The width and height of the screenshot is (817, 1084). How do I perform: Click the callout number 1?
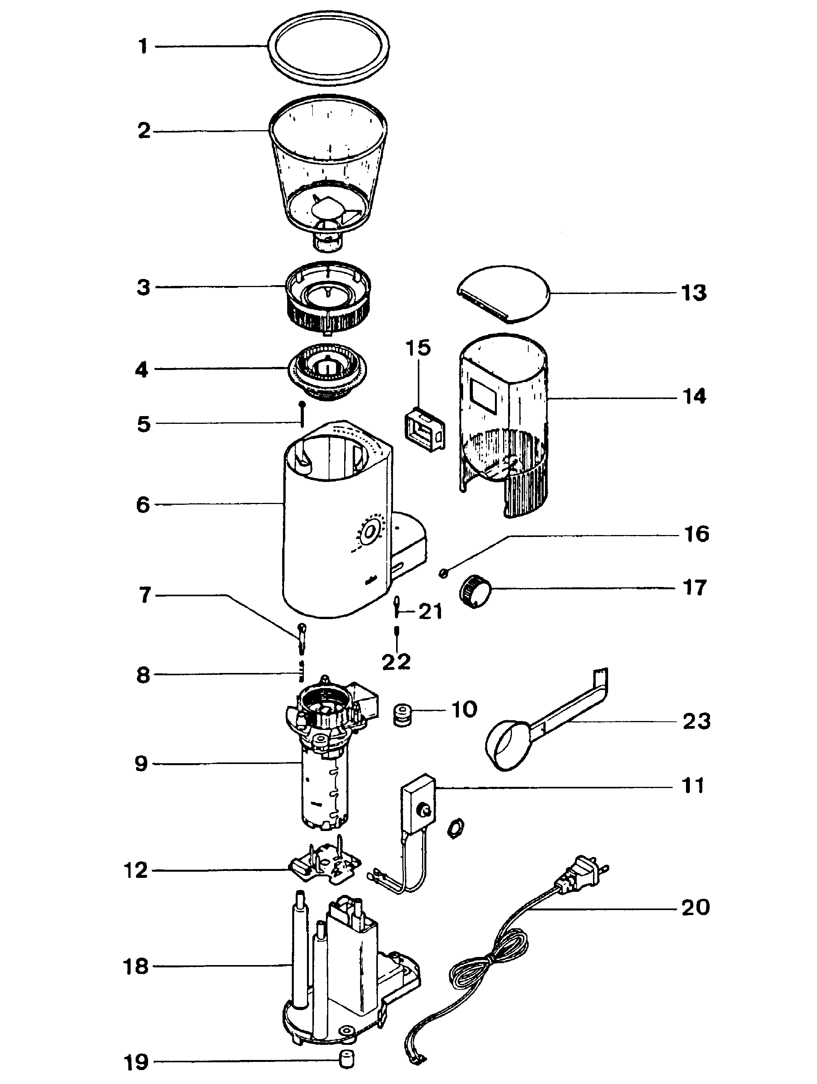coord(143,46)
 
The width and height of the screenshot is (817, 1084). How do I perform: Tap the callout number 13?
coord(693,293)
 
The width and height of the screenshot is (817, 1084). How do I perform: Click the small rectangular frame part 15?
coord(425,429)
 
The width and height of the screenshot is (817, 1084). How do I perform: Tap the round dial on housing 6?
coord(371,532)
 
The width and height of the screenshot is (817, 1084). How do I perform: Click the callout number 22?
coord(396,662)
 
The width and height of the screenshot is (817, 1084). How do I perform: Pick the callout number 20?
coord(695,908)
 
